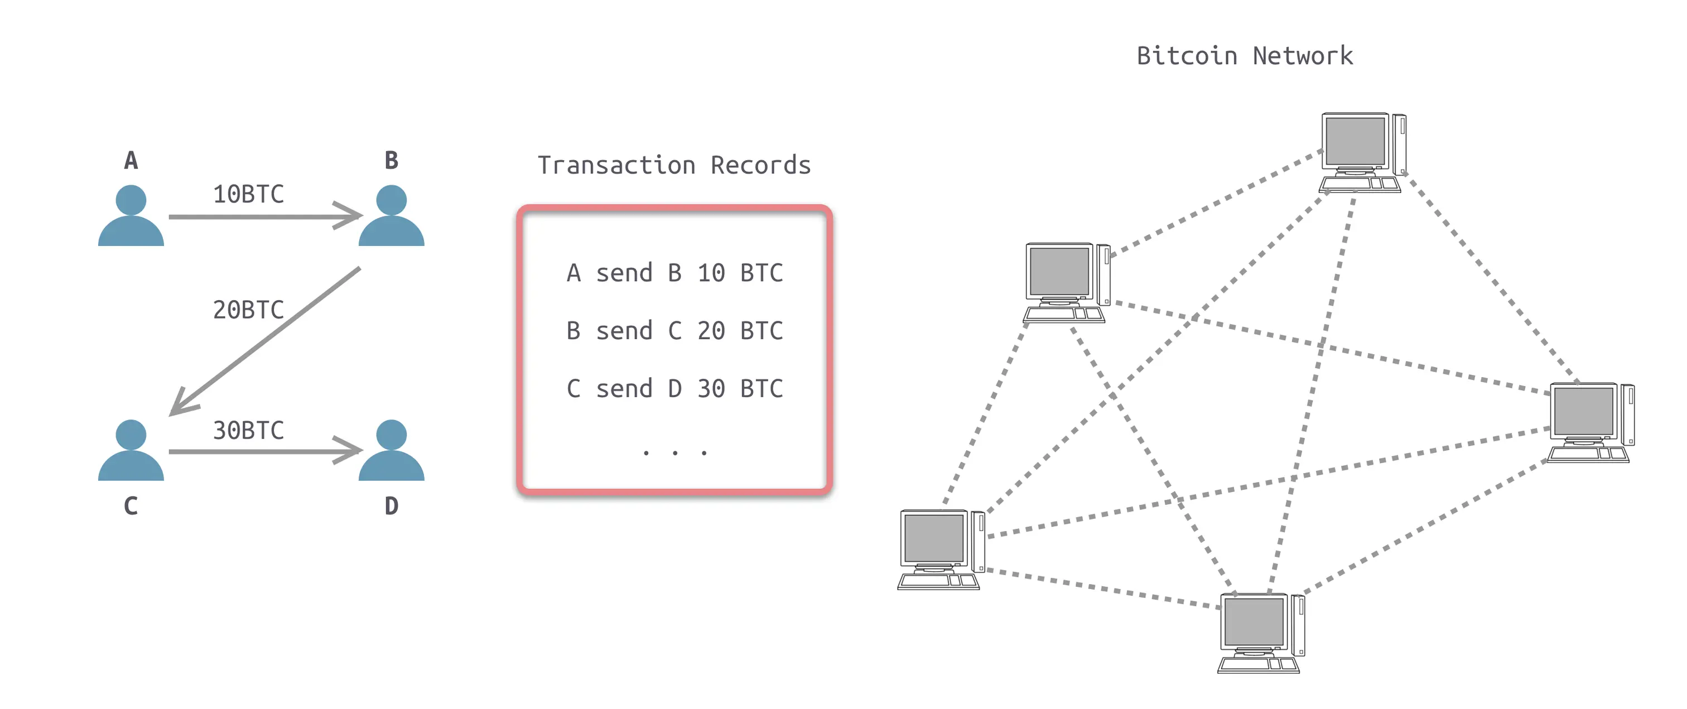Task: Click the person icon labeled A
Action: [131, 216]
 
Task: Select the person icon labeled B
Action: [391, 216]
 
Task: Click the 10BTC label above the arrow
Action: [248, 195]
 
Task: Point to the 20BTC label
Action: [248, 310]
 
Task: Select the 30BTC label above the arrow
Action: [248, 430]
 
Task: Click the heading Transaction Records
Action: [674, 165]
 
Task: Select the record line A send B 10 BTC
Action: [674, 272]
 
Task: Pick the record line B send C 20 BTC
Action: [674, 331]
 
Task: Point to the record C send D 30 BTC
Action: [674, 388]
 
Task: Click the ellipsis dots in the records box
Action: [674, 452]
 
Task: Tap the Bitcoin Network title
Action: [1244, 56]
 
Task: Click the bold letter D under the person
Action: [391, 506]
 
